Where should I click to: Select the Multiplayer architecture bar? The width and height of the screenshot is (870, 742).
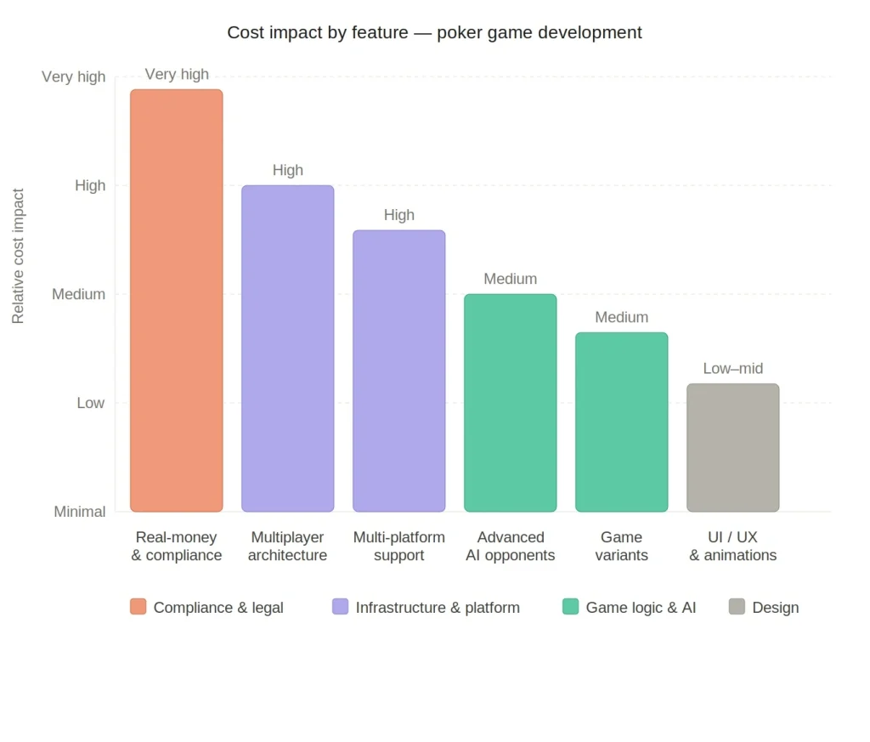point(287,348)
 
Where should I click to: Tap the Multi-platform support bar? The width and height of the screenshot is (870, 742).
point(398,371)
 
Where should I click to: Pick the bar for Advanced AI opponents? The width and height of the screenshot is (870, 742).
point(510,403)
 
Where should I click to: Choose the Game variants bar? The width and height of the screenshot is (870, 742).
point(621,422)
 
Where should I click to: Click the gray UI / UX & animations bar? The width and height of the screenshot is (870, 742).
point(732,447)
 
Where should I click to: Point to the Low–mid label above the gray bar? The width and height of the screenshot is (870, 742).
point(732,369)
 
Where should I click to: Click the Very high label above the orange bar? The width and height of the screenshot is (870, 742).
point(177,75)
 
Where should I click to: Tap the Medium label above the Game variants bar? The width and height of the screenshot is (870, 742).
point(621,317)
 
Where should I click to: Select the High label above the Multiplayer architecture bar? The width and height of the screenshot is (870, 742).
point(287,170)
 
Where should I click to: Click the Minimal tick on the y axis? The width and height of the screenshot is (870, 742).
point(80,512)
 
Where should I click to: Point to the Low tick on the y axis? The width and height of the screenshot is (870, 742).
point(90,403)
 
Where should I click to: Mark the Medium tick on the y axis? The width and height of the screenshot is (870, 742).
point(78,294)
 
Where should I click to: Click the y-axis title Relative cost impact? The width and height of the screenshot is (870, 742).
point(18,256)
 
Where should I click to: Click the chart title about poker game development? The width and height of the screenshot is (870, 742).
point(434,33)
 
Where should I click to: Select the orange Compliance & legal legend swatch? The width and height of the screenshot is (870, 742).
point(138,607)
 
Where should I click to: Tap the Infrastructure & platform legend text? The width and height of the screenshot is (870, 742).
point(437,608)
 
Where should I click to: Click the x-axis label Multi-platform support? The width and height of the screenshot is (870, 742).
point(398,547)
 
